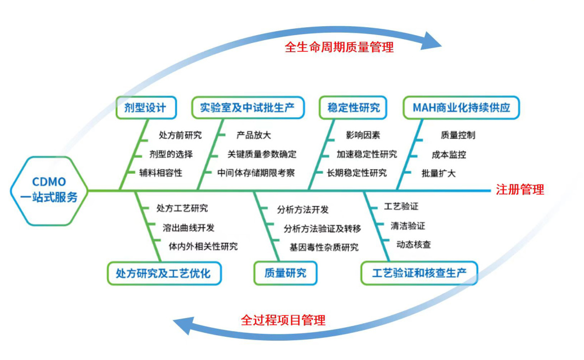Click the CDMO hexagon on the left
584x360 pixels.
coord(49,191)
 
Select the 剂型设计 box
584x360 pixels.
coord(146,107)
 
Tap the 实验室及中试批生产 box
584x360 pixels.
coord(247,107)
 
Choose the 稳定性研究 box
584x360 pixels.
coord(353,107)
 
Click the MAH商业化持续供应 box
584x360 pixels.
coord(461,107)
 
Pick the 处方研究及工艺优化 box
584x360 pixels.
coord(164,273)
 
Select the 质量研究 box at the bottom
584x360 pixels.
coord(285,273)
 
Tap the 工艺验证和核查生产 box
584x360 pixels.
coord(419,273)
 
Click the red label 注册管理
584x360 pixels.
coord(520,190)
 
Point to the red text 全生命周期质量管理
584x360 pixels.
coord(340,48)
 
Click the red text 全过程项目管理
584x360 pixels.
coord(283,320)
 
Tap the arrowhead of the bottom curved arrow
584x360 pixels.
coord(185,325)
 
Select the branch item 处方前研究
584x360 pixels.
coord(180,135)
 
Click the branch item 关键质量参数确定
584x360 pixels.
coord(262,154)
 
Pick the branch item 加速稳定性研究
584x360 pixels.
coord(367,154)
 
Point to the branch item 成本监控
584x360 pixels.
coord(449,154)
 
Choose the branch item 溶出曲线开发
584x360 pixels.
coord(189,227)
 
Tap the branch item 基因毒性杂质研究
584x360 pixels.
coord(324,247)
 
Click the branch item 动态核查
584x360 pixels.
coord(414,245)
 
